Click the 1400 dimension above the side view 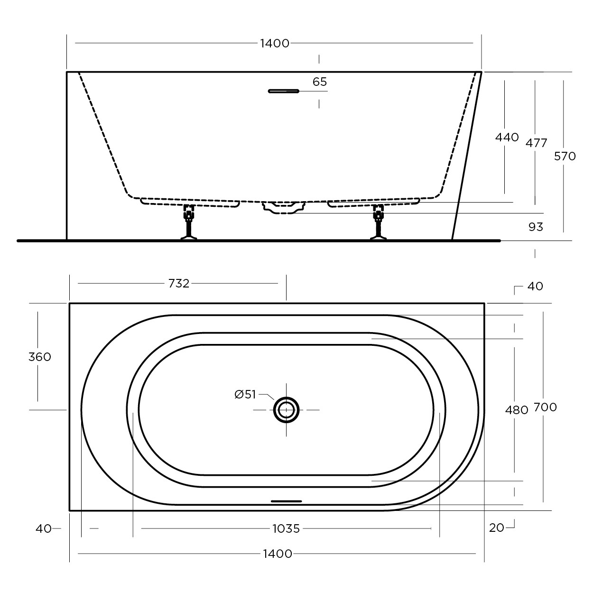point(275,43)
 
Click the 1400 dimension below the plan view point(277,554)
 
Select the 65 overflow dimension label point(319,82)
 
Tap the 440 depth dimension point(507,137)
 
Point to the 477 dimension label point(536,143)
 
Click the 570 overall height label point(565,157)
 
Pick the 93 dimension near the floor point(536,227)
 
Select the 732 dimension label point(179,284)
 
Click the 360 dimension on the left point(40,357)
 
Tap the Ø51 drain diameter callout point(245,395)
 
